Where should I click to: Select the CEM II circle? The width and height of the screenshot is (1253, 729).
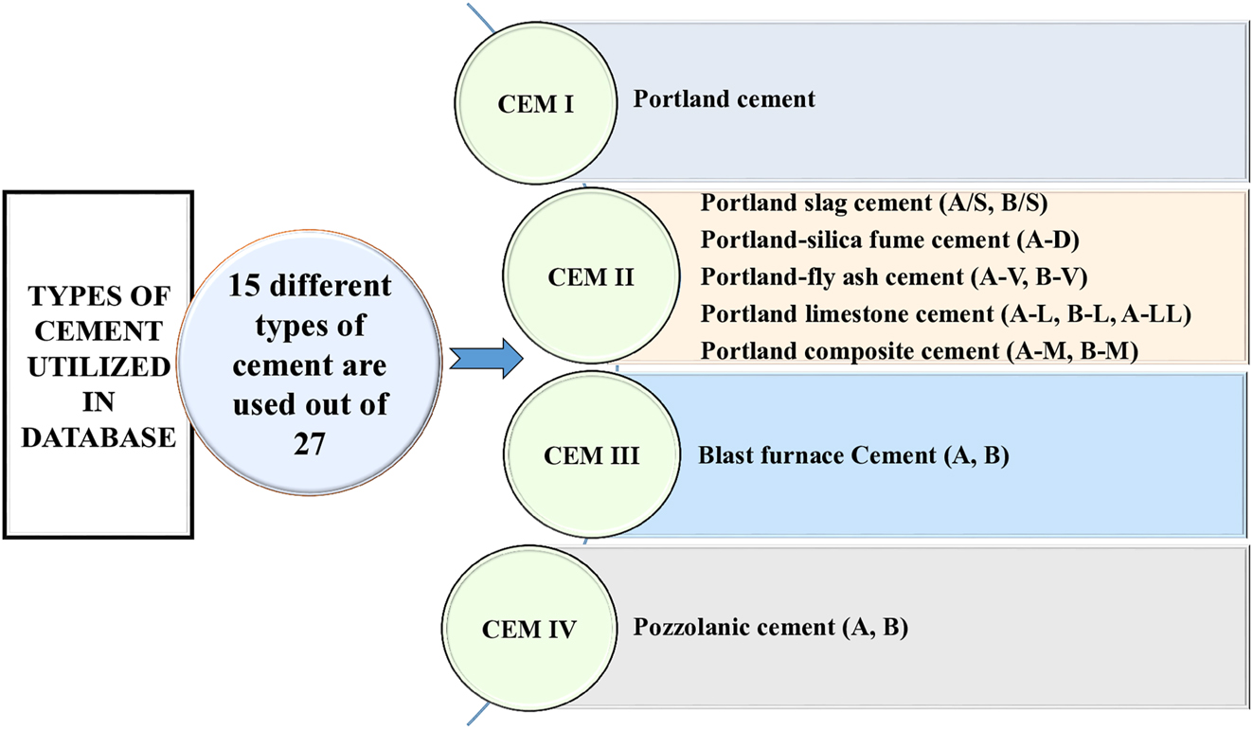click(x=589, y=278)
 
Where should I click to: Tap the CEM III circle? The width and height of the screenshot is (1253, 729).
click(x=591, y=456)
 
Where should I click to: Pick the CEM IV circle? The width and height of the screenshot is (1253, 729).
click(x=527, y=629)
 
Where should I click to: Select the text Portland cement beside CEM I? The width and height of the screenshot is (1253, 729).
click(x=724, y=98)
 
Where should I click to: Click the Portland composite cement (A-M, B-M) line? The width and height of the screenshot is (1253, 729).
click(x=918, y=350)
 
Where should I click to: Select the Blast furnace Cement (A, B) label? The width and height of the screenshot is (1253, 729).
click(x=853, y=456)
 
